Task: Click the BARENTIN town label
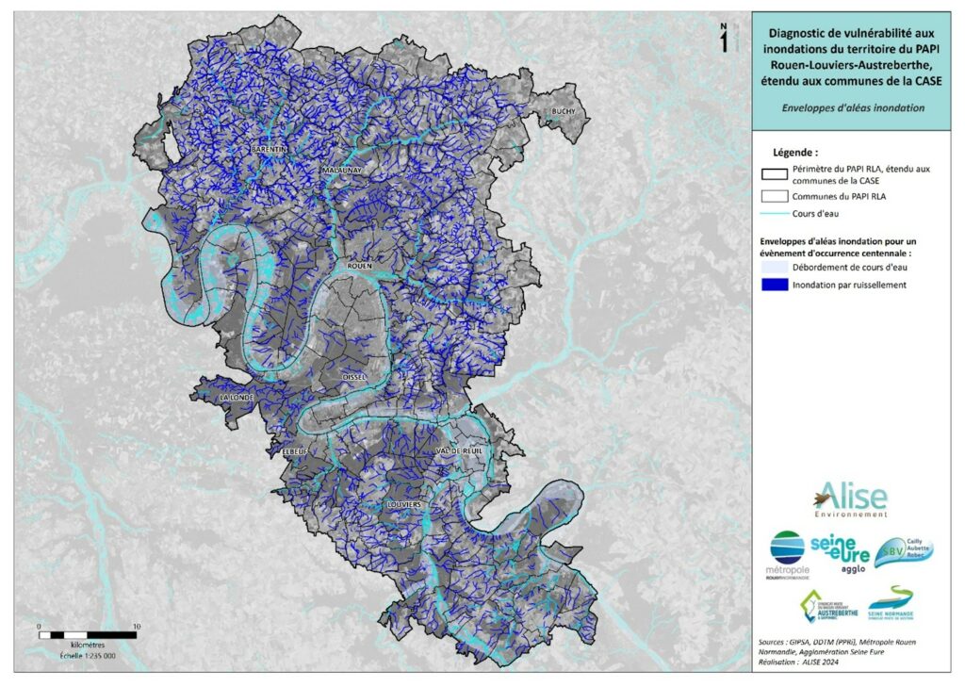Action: point(269,150)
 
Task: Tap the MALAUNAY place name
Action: point(341,171)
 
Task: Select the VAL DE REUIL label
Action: point(460,451)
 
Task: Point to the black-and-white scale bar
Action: point(88,635)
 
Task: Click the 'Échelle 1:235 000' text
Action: point(88,656)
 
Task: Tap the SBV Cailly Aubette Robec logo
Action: point(902,552)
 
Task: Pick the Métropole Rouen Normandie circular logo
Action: point(788,553)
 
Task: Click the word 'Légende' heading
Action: point(794,152)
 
